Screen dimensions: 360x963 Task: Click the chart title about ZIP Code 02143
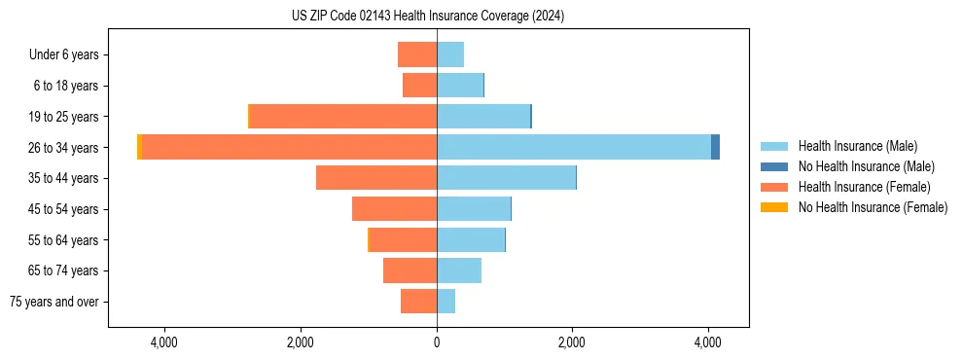tap(428, 17)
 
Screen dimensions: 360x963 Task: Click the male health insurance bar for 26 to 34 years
tap(573, 147)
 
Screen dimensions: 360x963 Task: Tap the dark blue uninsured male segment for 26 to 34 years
tap(715, 147)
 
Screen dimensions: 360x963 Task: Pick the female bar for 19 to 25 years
tap(343, 117)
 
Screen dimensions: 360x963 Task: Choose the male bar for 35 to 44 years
tap(506, 178)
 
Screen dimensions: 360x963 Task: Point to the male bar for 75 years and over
tap(446, 302)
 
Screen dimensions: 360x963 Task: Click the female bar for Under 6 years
tap(417, 54)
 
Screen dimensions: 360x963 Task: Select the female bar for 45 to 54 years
tap(394, 209)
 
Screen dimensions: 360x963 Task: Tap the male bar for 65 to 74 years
tap(459, 270)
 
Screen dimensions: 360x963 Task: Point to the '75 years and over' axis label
tap(54, 302)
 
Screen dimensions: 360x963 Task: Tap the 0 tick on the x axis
tap(437, 342)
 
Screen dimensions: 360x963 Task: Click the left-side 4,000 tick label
tap(163, 342)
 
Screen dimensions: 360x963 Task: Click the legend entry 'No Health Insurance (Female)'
tap(873, 207)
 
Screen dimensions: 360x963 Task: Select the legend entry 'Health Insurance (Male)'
tap(857, 146)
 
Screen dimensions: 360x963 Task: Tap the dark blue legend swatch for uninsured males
tap(774, 166)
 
